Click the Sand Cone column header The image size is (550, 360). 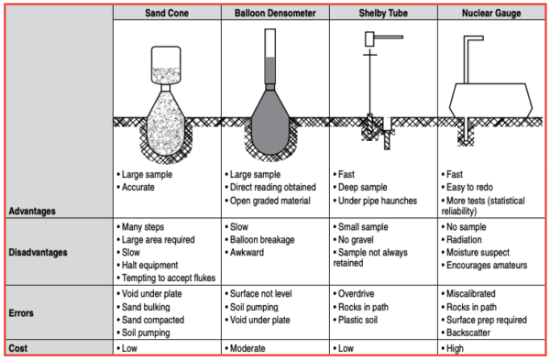pos(167,14)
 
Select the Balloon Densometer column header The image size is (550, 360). pos(275,14)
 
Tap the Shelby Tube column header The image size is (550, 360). pos(383,14)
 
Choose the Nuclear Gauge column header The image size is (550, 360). pos(489,14)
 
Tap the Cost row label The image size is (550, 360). pos(21,348)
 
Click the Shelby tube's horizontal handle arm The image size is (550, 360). pos(389,38)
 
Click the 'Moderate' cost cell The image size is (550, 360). pos(251,348)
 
